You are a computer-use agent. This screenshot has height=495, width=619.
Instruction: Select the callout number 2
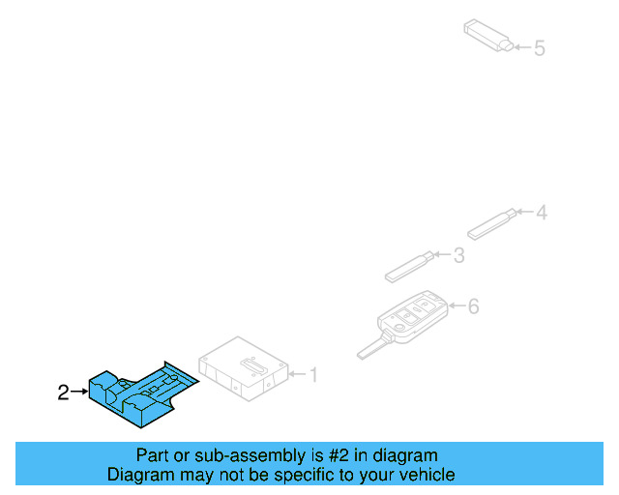click(x=63, y=392)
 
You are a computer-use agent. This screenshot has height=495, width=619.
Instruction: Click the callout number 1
click(x=312, y=374)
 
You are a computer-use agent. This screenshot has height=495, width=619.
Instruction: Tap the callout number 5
click(x=540, y=47)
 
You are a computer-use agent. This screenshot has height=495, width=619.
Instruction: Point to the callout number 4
click(x=542, y=212)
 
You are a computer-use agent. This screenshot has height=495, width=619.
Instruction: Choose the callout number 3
click(x=458, y=255)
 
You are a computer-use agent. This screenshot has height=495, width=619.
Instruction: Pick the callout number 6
click(x=473, y=307)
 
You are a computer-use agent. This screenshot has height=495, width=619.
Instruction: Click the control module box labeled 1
click(x=244, y=366)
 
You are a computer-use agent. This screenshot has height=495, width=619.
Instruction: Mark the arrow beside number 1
click(x=297, y=374)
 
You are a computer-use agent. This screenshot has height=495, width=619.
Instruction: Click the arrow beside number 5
click(x=521, y=47)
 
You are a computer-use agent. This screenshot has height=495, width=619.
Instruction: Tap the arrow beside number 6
click(x=456, y=307)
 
